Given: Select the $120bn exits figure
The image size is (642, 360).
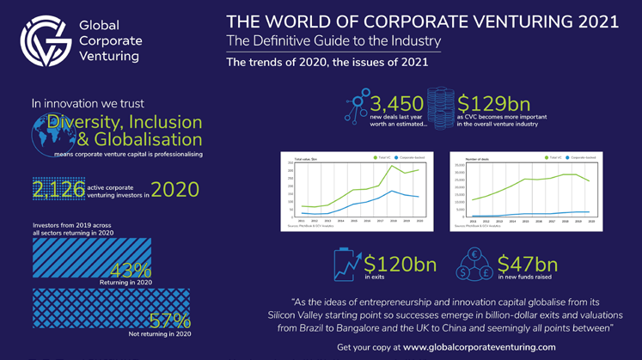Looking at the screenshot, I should pyautogui.click(x=400, y=265).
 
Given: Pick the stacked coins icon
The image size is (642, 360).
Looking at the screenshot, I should pyautogui.click(x=440, y=107).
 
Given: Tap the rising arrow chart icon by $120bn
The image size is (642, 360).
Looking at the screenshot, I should pyautogui.click(x=346, y=265).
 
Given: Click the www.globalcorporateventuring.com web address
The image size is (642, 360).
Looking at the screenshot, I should pyautogui.click(x=480, y=346).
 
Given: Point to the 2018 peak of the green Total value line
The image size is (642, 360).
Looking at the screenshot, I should pyautogui.click(x=394, y=165).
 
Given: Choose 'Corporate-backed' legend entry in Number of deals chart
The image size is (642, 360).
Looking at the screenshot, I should pyautogui.click(x=584, y=158).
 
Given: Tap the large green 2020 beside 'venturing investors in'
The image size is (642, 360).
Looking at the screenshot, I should pyautogui.click(x=175, y=189).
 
